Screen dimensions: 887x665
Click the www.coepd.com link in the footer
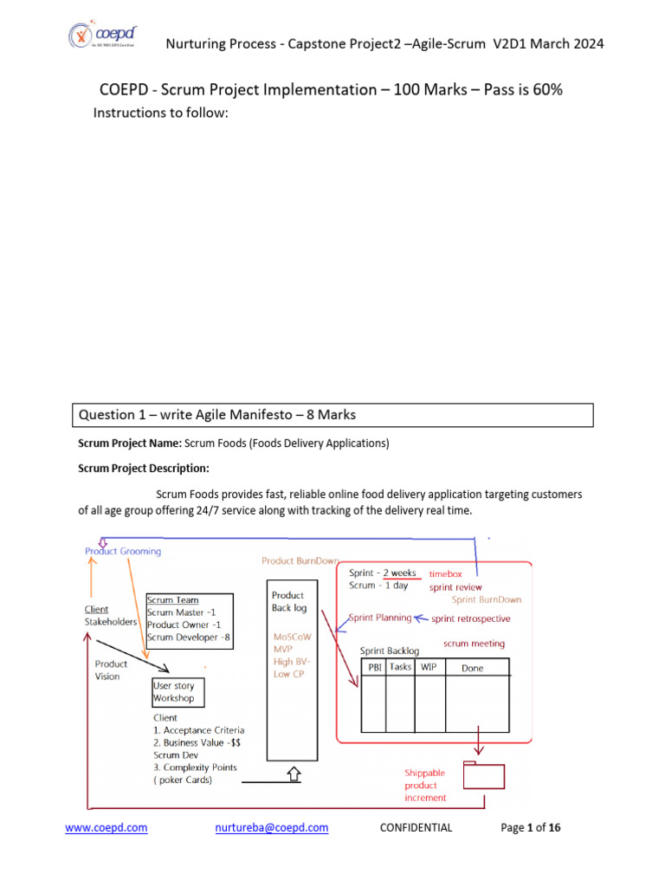click(x=107, y=827)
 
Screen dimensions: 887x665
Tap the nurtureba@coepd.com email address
click(x=271, y=827)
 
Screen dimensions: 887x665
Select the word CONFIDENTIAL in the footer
click(x=416, y=827)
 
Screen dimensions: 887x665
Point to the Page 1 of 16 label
click(x=531, y=827)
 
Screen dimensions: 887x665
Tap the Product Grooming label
click(x=123, y=551)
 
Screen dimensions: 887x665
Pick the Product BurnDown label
click(x=300, y=561)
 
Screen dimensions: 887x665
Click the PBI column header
click(x=372, y=668)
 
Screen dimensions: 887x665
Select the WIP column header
click(x=429, y=668)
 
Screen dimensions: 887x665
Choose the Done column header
click(x=473, y=669)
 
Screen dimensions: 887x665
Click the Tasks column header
click(x=400, y=668)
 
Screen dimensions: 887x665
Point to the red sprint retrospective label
click(x=471, y=618)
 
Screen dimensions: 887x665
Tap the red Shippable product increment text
click(x=426, y=785)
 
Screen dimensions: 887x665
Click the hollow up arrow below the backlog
click(x=293, y=774)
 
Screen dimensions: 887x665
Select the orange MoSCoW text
click(x=289, y=637)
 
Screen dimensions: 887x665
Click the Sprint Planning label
click(x=380, y=618)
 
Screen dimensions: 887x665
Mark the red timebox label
click(x=447, y=573)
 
